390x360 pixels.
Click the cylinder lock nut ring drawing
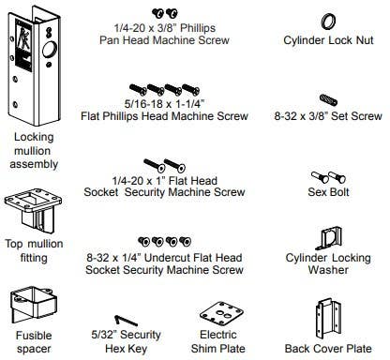(x=323, y=22)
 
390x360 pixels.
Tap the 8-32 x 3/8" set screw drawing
(x=328, y=99)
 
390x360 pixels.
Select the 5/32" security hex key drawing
(x=126, y=321)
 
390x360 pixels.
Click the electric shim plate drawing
(x=221, y=314)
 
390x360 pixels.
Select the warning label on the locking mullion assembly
(x=23, y=45)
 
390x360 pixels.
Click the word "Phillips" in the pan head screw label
(x=198, y=28)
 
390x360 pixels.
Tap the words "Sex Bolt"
(x=328, y=191)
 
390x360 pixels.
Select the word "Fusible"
(x=34, y=336)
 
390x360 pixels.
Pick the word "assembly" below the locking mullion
(x=34, y=164)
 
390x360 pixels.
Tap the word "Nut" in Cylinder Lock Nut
(x=365, y=40)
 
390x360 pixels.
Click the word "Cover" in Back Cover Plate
(x=327, y=348)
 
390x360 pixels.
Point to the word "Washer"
(x=328, y=269)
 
